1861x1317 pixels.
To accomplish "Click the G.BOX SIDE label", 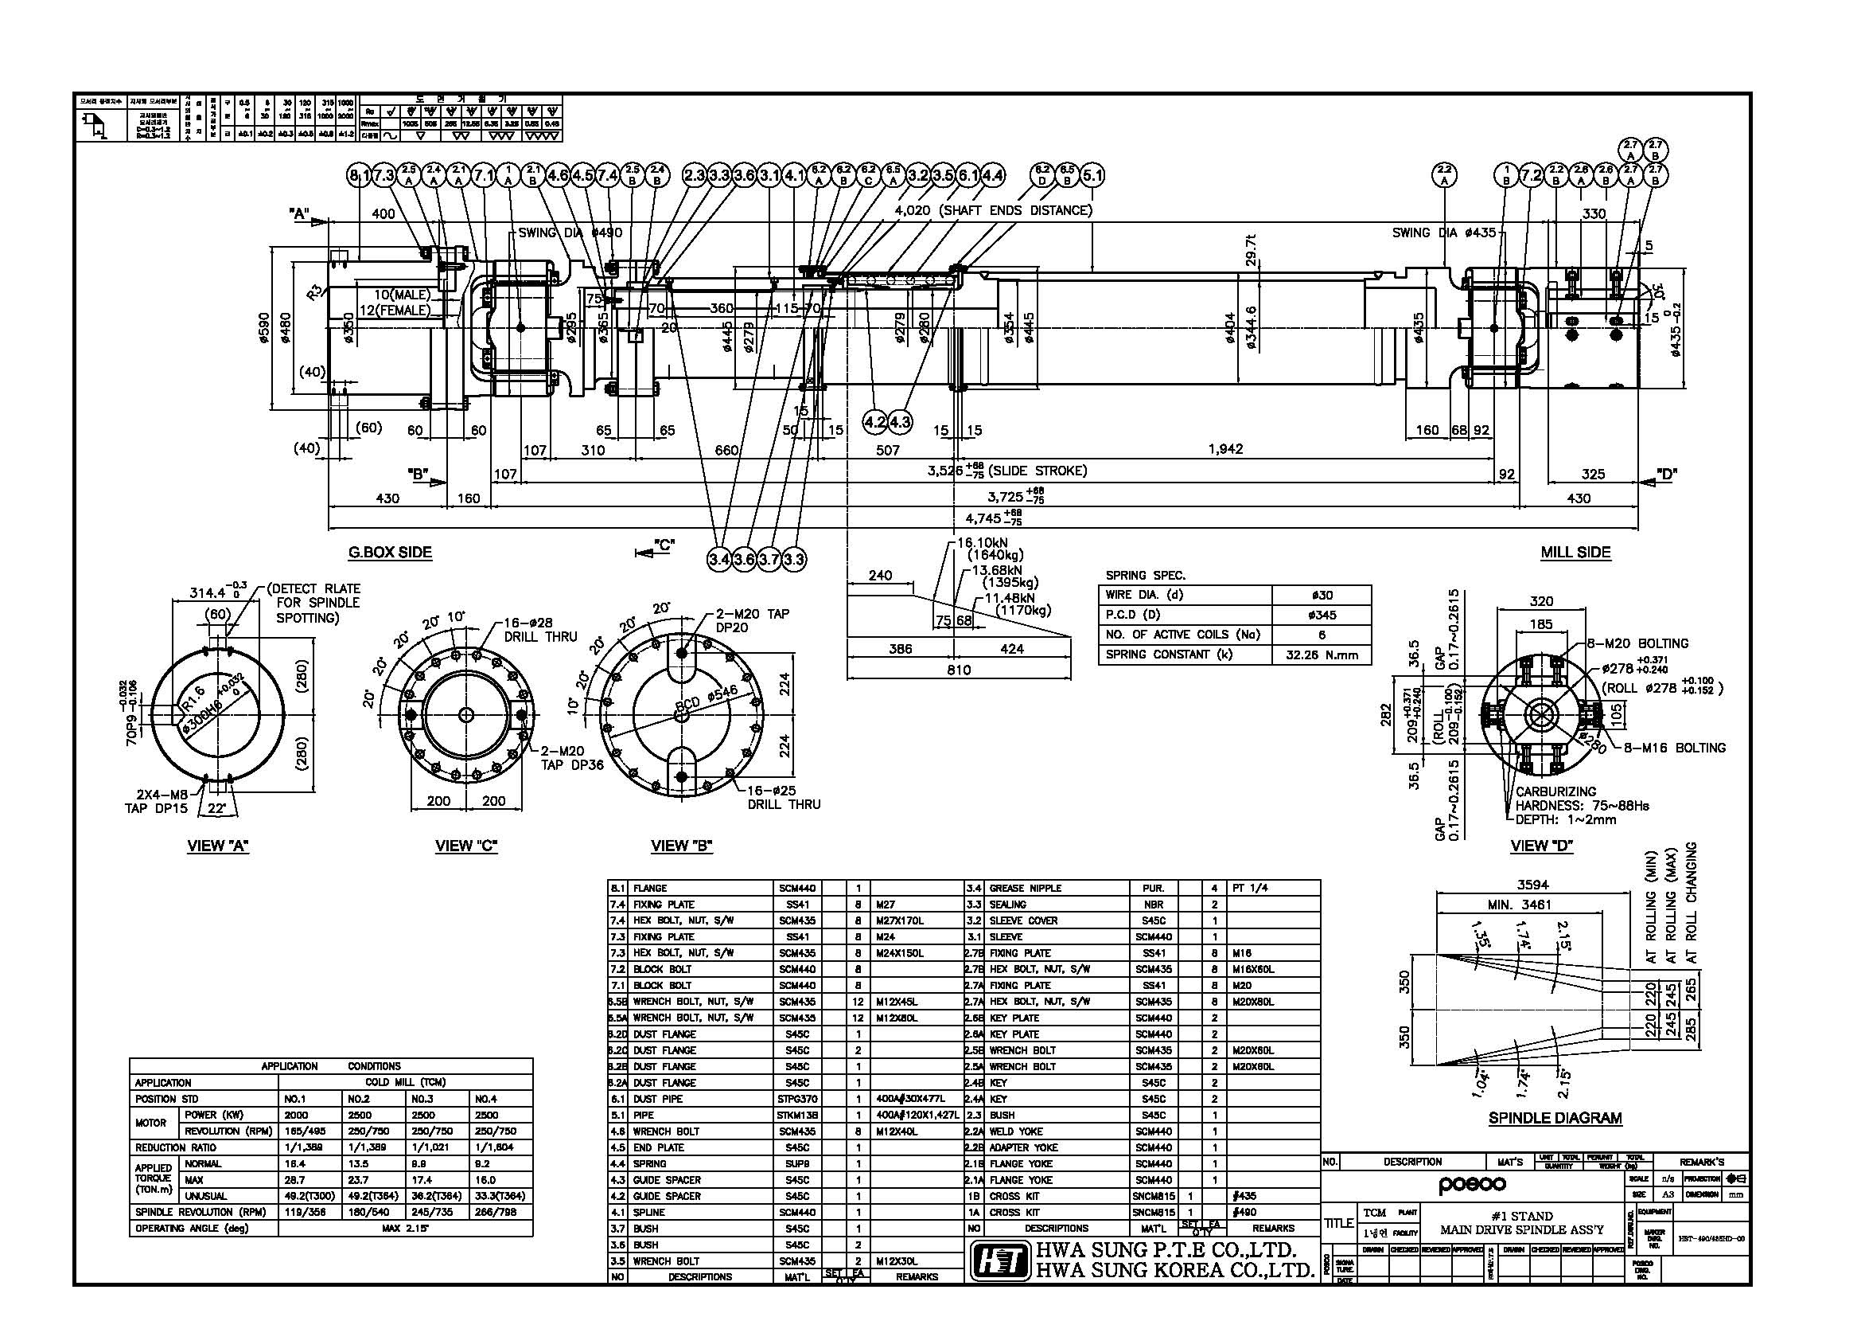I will click(390, 553).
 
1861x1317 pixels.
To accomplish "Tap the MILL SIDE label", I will click(1575, 553).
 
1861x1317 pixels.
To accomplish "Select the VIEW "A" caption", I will click(218, 846).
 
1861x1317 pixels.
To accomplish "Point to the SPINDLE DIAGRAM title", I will click(1555, 1118).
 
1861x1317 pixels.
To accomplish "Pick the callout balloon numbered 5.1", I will click(1092, 175).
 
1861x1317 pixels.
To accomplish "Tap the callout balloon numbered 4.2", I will click(874, 422).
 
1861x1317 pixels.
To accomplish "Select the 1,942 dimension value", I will click(1224, 448).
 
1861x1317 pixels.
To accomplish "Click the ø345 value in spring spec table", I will click(1322, 615).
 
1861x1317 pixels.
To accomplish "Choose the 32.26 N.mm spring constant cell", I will click(1322, 655).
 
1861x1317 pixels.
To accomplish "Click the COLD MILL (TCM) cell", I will click(405, 1083).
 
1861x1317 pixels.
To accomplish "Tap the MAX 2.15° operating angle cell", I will click(405, 1228).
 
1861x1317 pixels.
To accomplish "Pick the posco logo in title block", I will click(1473, 1185).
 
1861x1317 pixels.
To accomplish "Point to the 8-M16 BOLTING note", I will click(1674, 748).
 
